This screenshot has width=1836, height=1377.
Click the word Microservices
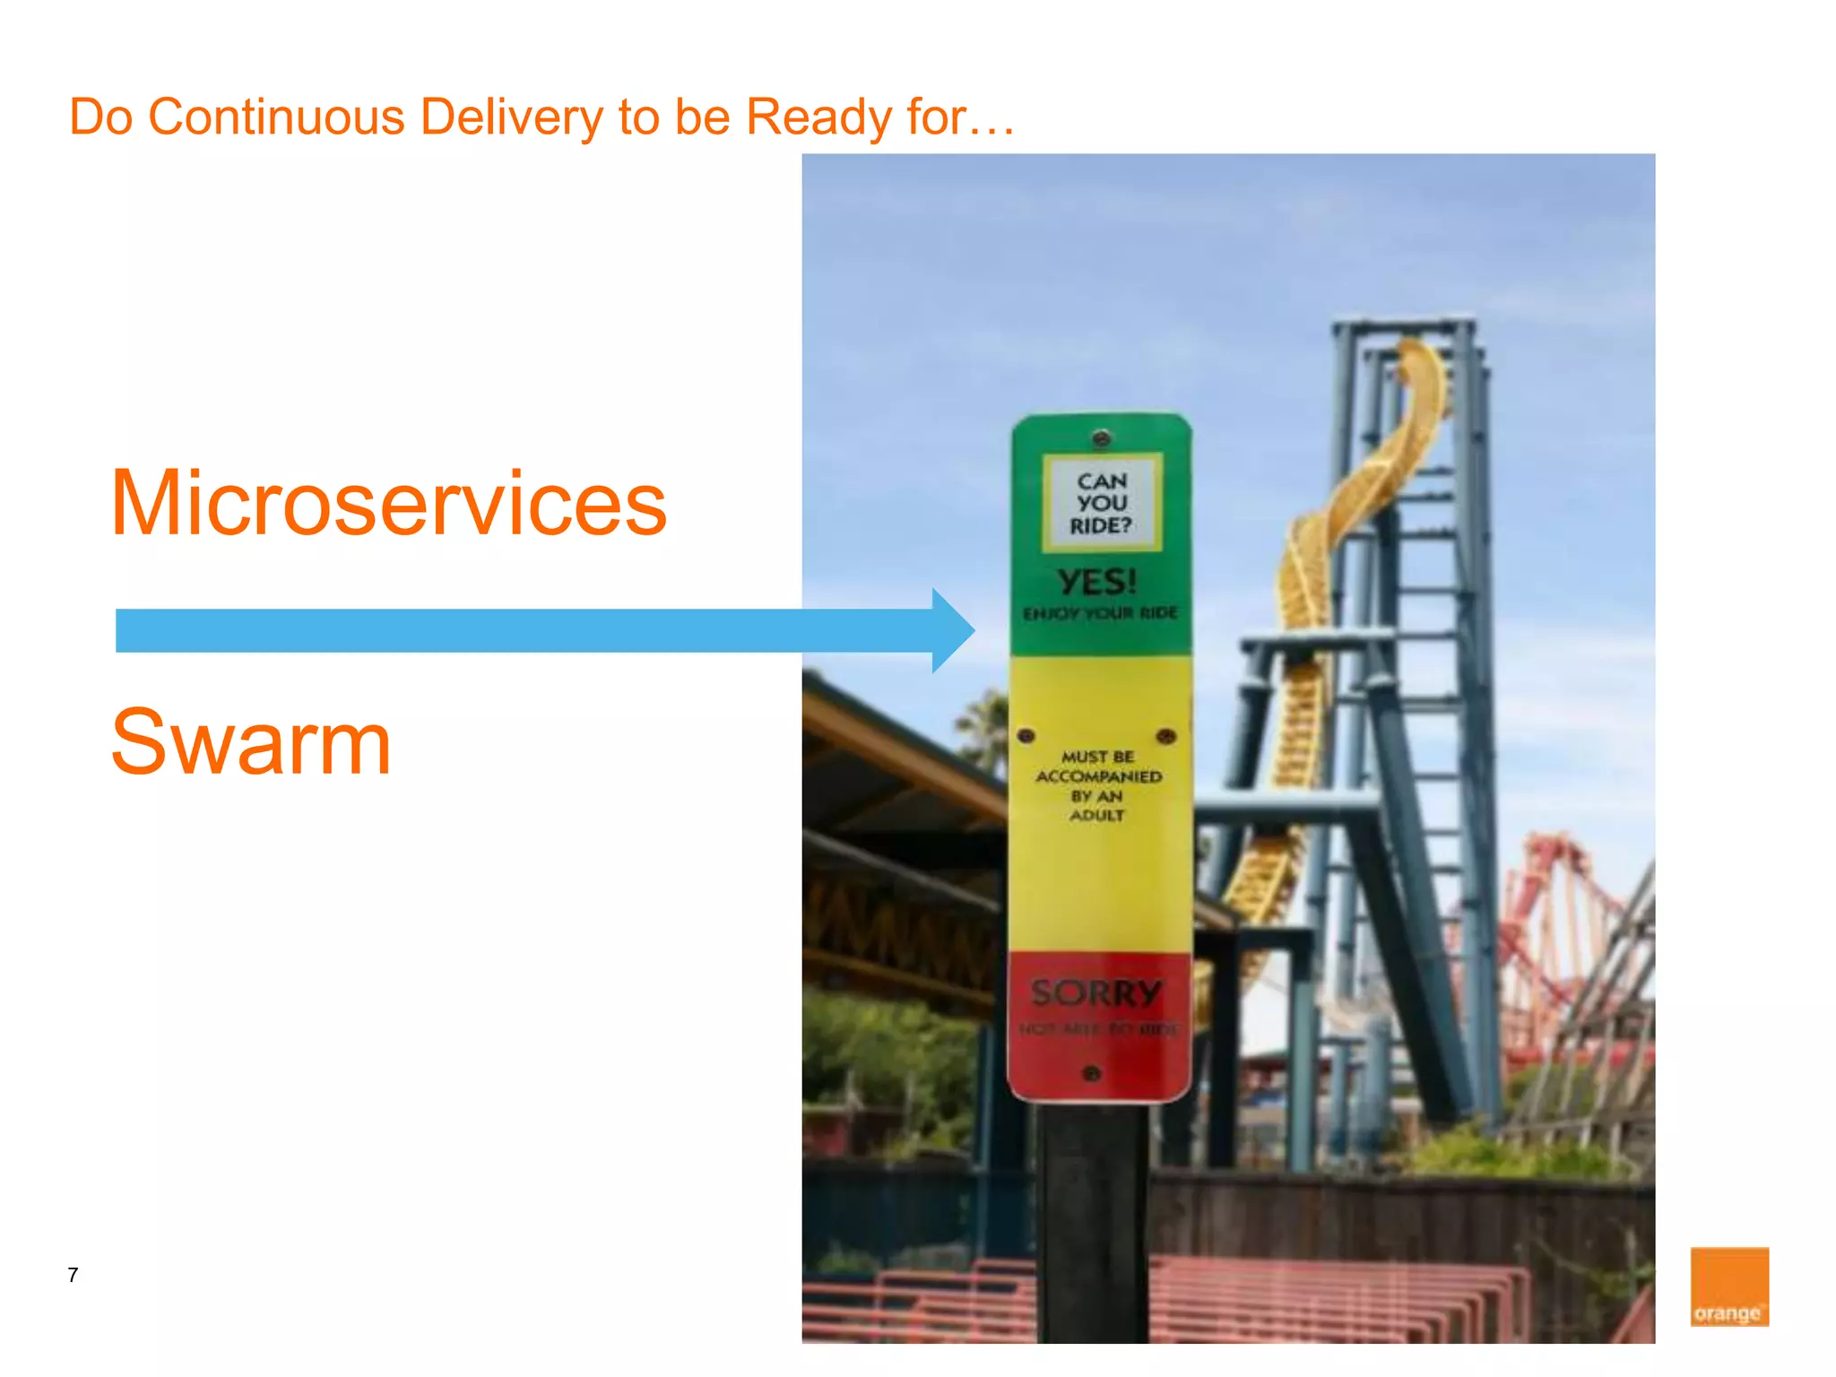click(x=388, y=504)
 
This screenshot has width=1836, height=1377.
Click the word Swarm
click(x=251, y=742)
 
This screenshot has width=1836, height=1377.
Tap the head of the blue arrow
click(x=952, y=630)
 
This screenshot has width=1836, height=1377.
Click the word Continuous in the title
click(x=276, y=117)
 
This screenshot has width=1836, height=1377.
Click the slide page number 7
click(x=73, y=1275)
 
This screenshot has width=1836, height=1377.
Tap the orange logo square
click(x=1728, y=1286)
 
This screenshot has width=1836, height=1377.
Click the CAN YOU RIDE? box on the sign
click(x=1102, y=503)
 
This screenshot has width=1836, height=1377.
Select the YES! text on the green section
click(x=1097, y=583)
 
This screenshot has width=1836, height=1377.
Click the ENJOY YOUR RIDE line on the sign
click(x=1100, y=614)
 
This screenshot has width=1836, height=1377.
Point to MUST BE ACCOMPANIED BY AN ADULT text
click(x=1098, y=786)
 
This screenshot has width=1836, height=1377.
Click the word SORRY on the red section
click(x=1096, y=993)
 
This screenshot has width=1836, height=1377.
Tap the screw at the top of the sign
click(x=1102, y=438)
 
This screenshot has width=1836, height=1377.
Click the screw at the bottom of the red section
click(x=1091, y=1073)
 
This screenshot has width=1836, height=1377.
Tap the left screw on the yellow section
click(x=1026, y=736)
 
